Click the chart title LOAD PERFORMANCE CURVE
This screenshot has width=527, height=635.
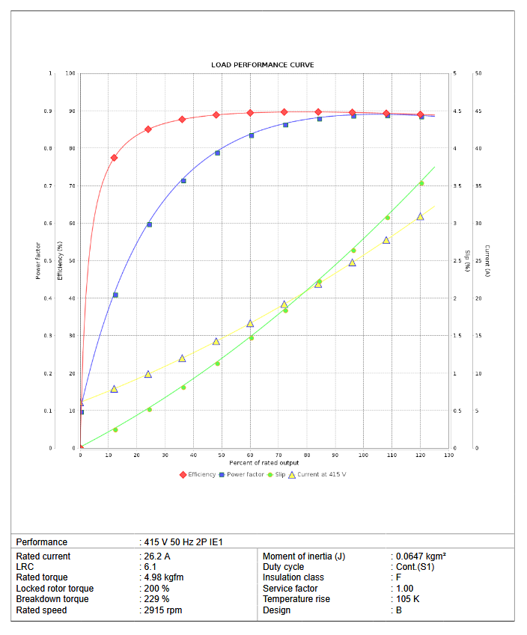tap(262, 65)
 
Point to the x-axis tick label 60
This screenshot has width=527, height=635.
tap(250, 455)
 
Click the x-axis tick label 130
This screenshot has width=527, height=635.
tap(448, 455)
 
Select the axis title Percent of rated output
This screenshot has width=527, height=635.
tap(264, 463)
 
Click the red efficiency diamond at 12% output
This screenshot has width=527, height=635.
tap(114, 158)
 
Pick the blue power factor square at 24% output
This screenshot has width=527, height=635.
tap(149, 224)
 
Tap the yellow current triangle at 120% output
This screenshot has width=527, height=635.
tap(420, 216)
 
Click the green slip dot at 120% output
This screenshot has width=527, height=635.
tap(421, 183)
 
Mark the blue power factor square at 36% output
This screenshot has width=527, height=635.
tap(183, 181)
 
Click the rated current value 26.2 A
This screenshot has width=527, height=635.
tap(157, 556)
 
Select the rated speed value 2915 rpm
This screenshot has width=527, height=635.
tap(162, 610)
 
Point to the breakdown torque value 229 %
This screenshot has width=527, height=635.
tap(156, 599)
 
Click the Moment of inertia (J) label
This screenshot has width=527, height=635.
tap(304, 556)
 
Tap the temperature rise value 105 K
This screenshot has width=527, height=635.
tap(407, 599)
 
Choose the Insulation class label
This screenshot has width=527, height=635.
tap(293, 577)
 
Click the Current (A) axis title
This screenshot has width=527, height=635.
tap(487, 261)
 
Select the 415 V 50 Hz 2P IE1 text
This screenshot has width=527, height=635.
tap(183, 542)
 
